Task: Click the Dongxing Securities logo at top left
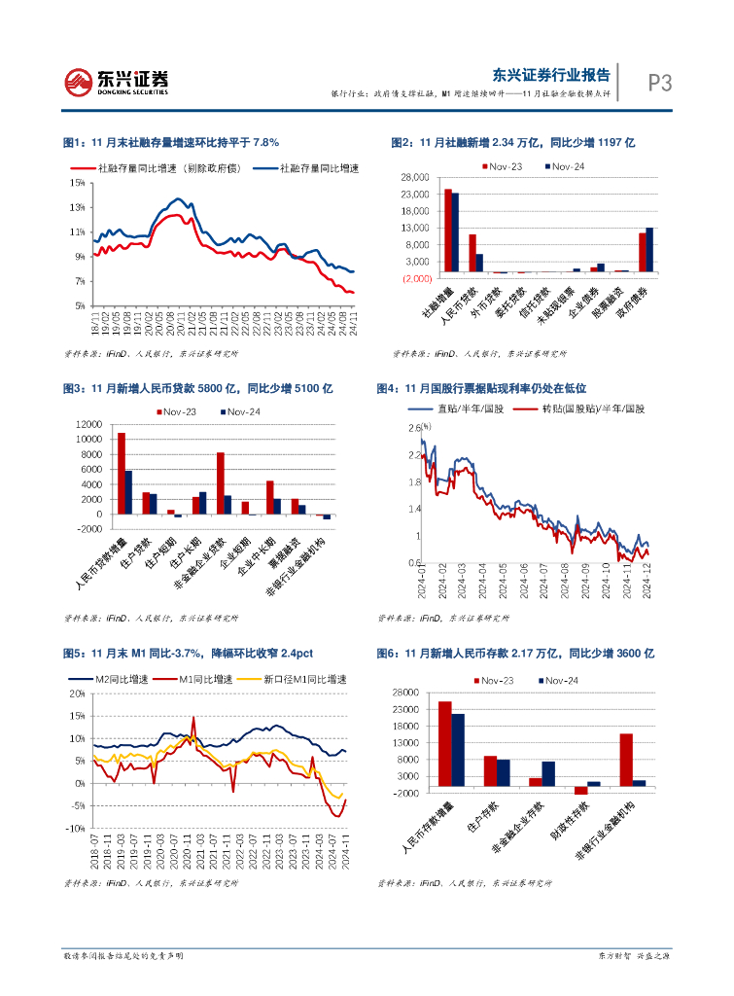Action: click(116, 83)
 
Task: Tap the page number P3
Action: click(660, 84)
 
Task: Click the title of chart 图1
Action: click(171, 142)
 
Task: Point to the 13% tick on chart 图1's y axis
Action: click(78, 207)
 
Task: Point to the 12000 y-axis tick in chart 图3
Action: click(88, 424)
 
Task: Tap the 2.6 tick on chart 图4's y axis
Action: click(412, 428)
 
